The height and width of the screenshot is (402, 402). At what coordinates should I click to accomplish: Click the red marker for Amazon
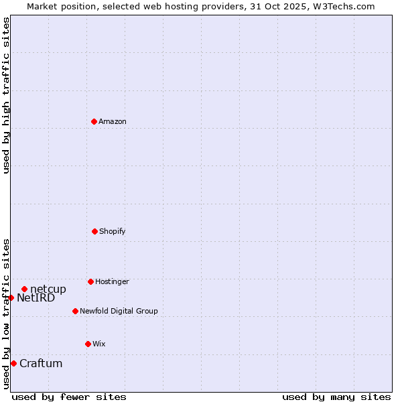tap(94, 121)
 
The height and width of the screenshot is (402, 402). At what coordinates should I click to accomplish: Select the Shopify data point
tap(94, 231)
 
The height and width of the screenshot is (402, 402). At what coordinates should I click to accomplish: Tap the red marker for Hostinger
tap(90, 281)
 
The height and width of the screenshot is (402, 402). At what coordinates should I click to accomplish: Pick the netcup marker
tap(24, 289)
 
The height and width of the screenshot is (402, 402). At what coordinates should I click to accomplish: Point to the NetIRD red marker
tap(11, 297)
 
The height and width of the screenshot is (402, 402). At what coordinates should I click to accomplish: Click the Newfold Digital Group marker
tap(75, 311)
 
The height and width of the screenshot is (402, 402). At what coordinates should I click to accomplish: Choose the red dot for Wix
tap(88, 344)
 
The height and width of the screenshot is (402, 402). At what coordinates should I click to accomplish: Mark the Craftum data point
tap(13, 363)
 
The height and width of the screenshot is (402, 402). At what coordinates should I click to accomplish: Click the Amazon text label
tap(113, 121)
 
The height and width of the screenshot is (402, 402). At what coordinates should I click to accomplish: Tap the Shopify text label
tap(113, 231)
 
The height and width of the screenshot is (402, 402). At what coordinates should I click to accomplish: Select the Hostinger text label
tap(112, 281)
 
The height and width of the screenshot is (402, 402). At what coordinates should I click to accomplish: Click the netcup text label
tap(48, 289)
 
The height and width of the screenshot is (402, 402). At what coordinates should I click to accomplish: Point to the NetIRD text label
tap(36, 297)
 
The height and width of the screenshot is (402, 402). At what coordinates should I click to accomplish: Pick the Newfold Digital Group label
tap(119, 311)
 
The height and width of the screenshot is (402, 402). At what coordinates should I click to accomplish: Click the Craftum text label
tap(41, 363)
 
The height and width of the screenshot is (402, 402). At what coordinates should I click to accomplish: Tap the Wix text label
tap(99, 344)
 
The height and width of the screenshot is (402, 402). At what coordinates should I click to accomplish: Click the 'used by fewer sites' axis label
tap(69, 397)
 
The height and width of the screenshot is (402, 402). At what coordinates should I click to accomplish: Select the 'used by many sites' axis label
tap(336, 397)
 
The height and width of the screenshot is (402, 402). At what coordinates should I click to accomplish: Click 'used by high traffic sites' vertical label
tap(6, 95)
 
